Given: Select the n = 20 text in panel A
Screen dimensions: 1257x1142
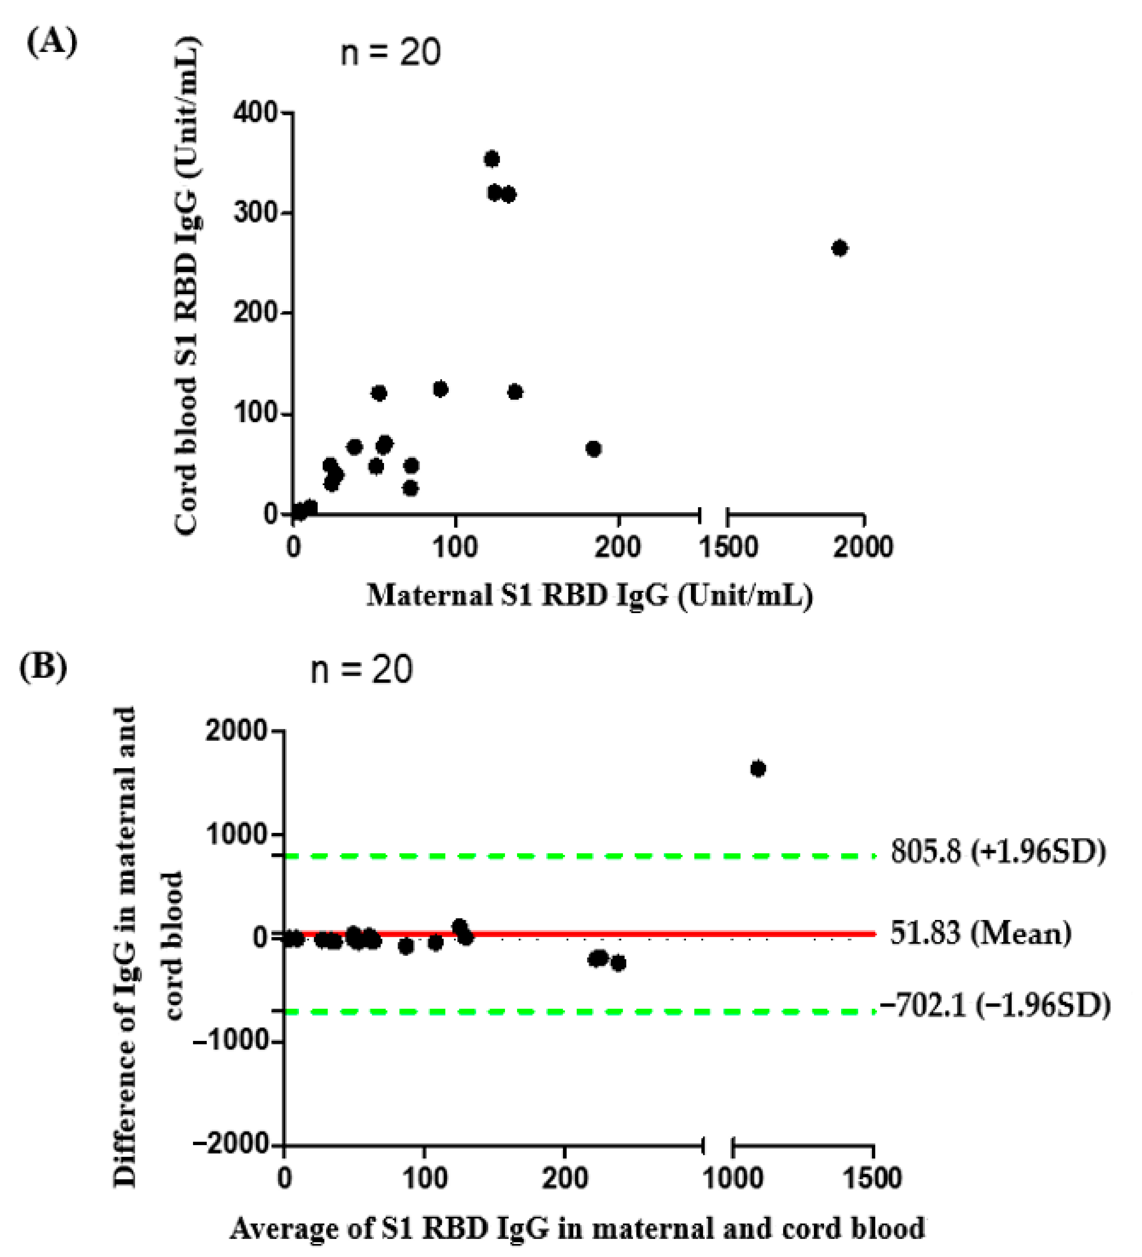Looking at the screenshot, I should pyautogui.click(x=390, y=52).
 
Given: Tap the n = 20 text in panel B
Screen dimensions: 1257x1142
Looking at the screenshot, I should pyautogui.click(x=362, y=670).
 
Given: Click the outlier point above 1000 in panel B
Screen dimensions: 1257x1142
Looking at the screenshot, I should pyautogui.click(x=758, y=769).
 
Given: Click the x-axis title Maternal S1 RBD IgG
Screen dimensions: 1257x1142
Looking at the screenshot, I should pyautogui.click(x=589, y=595).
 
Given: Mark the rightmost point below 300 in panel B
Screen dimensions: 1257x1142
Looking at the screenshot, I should pyautogui.click(x=618, y=963).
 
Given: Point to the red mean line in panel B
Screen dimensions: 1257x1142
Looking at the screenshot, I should pyautogui.click(x=686, y=933).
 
